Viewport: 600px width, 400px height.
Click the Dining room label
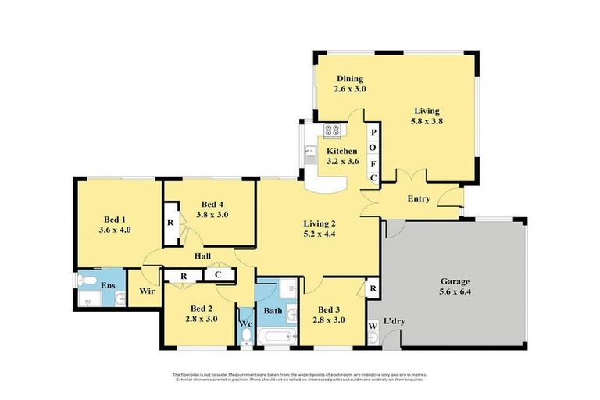[351, 79]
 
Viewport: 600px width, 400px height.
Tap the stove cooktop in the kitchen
[331, 131]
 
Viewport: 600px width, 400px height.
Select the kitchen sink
[310, 154]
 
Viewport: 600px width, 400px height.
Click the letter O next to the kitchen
[373, 148]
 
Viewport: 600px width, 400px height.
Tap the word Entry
[419, 198]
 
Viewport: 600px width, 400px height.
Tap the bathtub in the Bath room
[276, 337]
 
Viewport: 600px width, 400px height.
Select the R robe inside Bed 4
[170, 221]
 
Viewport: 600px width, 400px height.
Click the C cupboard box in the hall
[218, 275]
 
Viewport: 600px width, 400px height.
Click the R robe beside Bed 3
[373, 289]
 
